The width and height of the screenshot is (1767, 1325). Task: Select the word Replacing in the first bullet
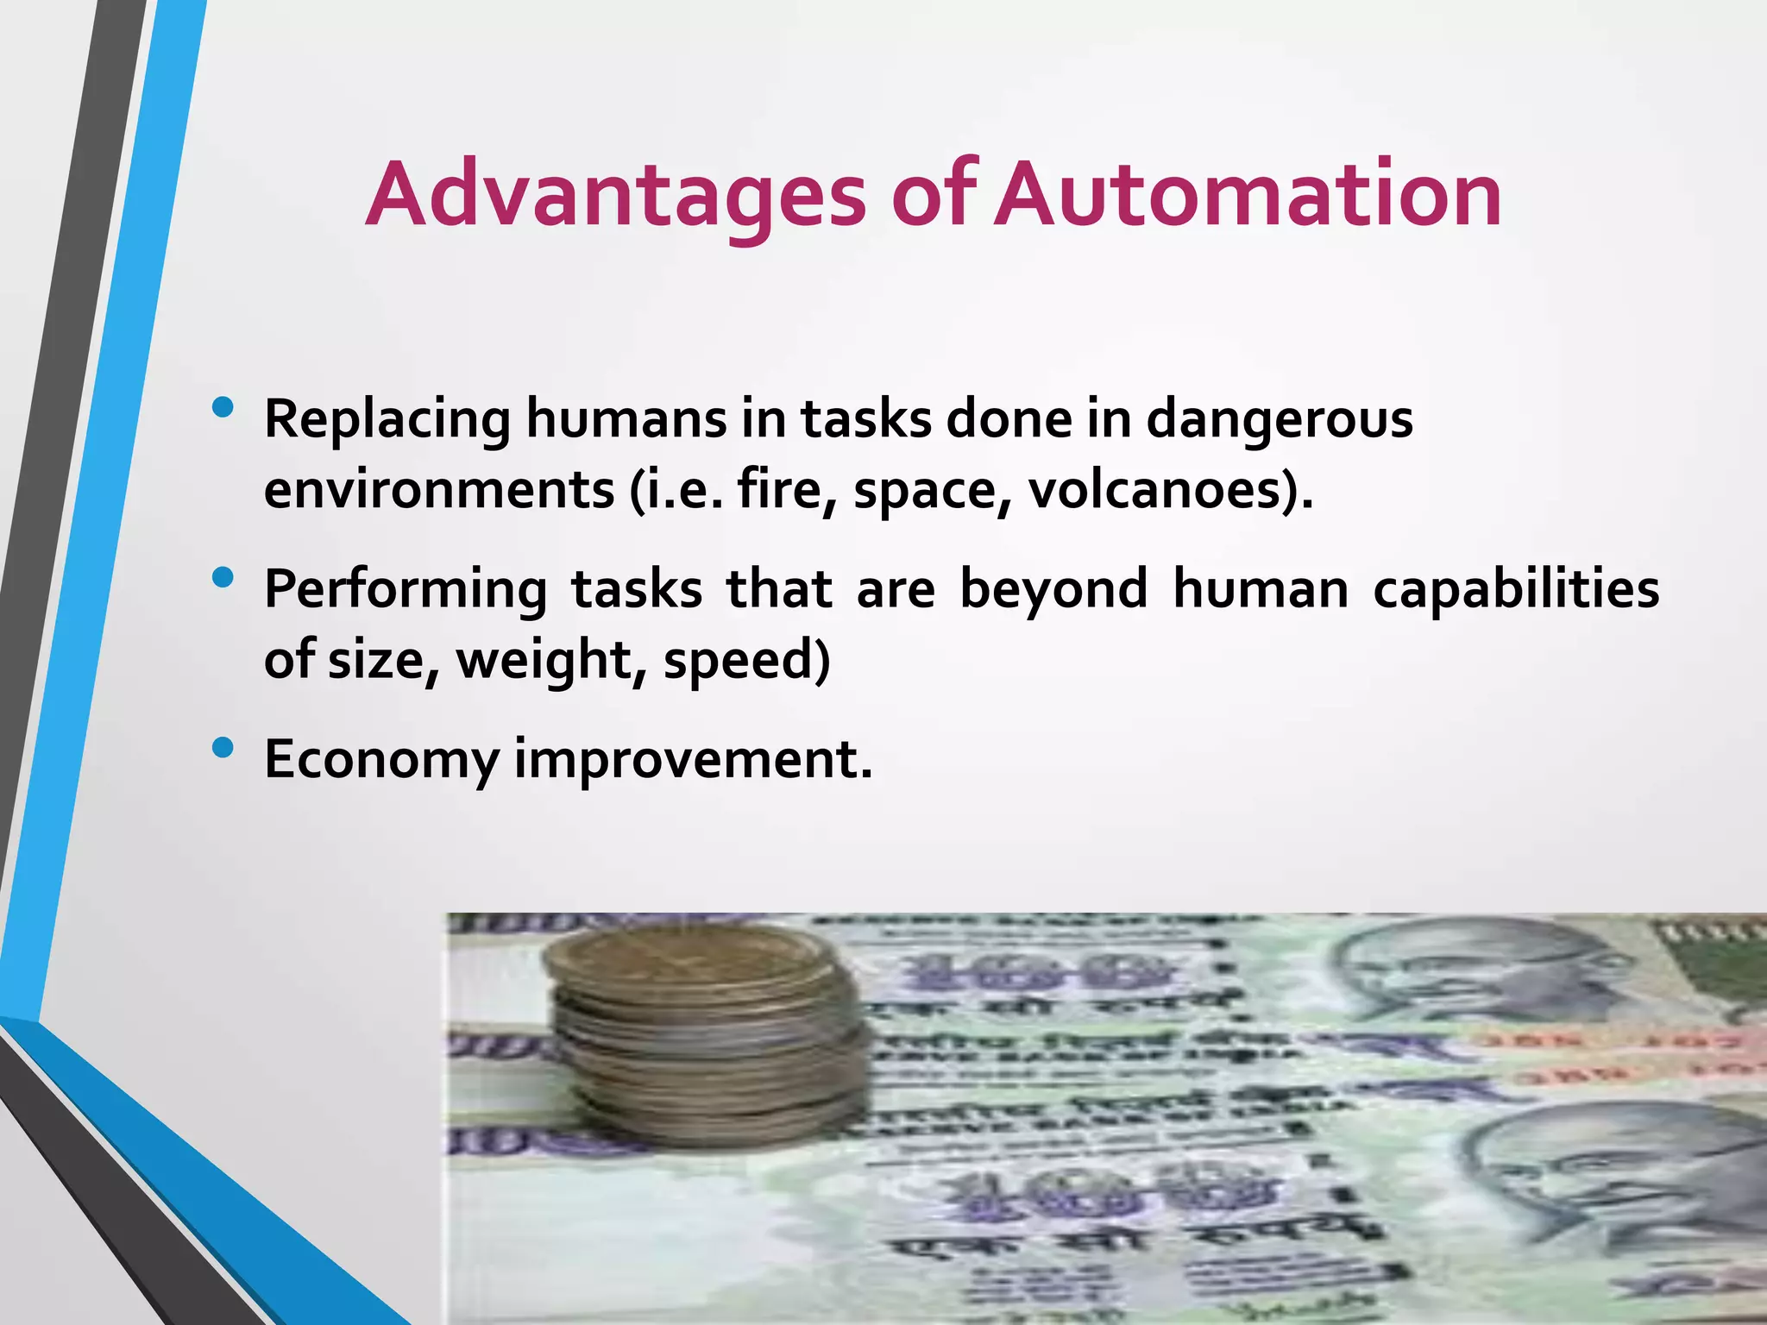387,420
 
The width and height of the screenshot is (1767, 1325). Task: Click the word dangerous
1280,420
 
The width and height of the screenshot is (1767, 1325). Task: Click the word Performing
406,591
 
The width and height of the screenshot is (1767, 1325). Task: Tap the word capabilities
1515,591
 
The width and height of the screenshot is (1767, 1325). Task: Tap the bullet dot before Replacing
223,407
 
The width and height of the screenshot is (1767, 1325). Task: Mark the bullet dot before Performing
223,578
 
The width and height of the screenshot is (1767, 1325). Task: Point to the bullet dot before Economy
223,748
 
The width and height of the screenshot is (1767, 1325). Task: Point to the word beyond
1053,591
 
